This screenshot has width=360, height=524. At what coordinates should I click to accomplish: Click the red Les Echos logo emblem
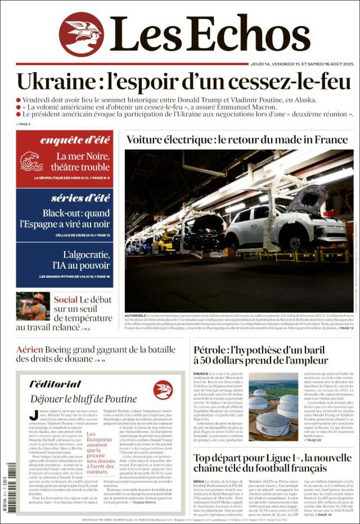click(x=81, y=34)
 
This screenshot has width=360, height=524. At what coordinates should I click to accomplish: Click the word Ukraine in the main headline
click(x=51, y=82)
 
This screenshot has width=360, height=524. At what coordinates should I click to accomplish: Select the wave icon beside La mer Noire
click(x=31, y=161)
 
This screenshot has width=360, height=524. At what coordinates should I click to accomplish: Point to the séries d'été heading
click(x=80, y=197)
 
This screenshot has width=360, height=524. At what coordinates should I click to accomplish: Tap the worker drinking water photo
click(x=33, y=306)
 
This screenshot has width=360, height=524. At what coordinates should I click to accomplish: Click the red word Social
click(x=65, y=300)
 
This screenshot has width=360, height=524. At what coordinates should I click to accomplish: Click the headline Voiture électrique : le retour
click(x=237, y=139)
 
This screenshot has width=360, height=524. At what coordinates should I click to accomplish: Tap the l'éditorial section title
click(x=55, y=384)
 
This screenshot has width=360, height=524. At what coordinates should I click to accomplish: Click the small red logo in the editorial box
click(x=163, y=390)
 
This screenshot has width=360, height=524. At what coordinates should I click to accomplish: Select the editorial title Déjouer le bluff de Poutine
click(x=83, y=399)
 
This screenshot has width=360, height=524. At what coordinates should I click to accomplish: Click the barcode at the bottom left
click(x=11, y=486)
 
